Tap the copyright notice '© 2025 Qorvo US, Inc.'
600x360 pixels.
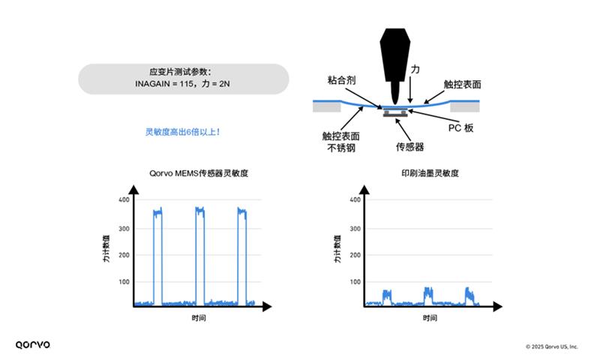(551, 346)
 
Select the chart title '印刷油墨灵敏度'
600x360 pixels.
(430, 173)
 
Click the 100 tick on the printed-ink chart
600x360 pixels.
(355, 282)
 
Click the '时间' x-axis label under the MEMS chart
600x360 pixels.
(197, 319)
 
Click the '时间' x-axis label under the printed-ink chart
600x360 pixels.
(430, 319)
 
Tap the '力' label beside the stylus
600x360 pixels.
(415, 69)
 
